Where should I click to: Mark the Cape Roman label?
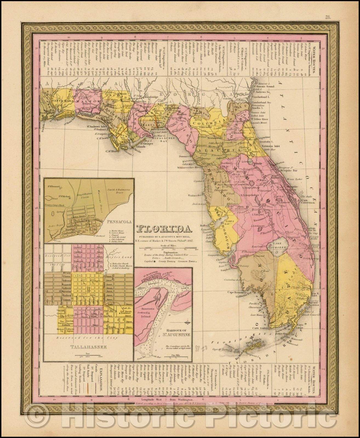pyautogui.click(x=235, y=292)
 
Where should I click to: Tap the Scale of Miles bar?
pyautogui.click(x=165, y=248)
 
